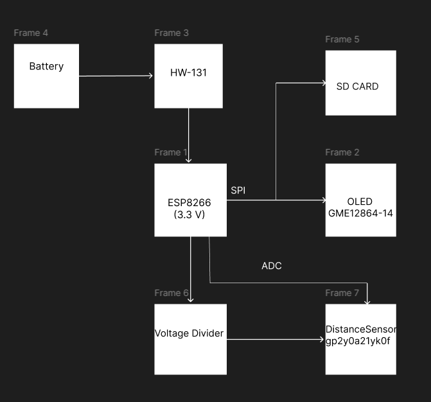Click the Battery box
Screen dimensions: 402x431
pyautogui.click(x=46, y=76)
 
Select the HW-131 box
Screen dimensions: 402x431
pyautogui.click(x=188, y=76)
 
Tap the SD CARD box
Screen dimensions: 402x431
pyautogui.click(x=360, y=83)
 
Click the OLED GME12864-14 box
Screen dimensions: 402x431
pyautogui.click(x=360, y=200)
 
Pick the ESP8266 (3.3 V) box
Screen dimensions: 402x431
pyautogui.click(x=190, y=200)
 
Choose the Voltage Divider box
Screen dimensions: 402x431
pyautogui.click(x=190, y=339)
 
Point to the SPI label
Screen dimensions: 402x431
pyautogui.click(x=238, y=191)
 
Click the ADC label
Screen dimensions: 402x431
pyautogui.click(x=272, y=266)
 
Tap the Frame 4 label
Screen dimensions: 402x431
pyautogui.click(x=31, y=33)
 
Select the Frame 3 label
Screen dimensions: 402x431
pyautogui.click(x=172, y=33)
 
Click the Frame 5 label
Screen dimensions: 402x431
pyautogui.click(x=342, y=39)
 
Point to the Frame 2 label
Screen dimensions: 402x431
pyautogui.click(x=342, y=152)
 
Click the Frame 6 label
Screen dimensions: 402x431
pyautogui.click(x=172, y=293)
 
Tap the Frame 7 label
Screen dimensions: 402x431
pyautogui.click(x=342, y=293)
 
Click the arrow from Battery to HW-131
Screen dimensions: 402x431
pyautogui.click(x=116, y=76)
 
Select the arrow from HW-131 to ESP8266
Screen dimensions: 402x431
pyautogui.click(x=189, y=135)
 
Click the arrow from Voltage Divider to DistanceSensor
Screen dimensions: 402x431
pyautogui.click(x=276, y=340)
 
